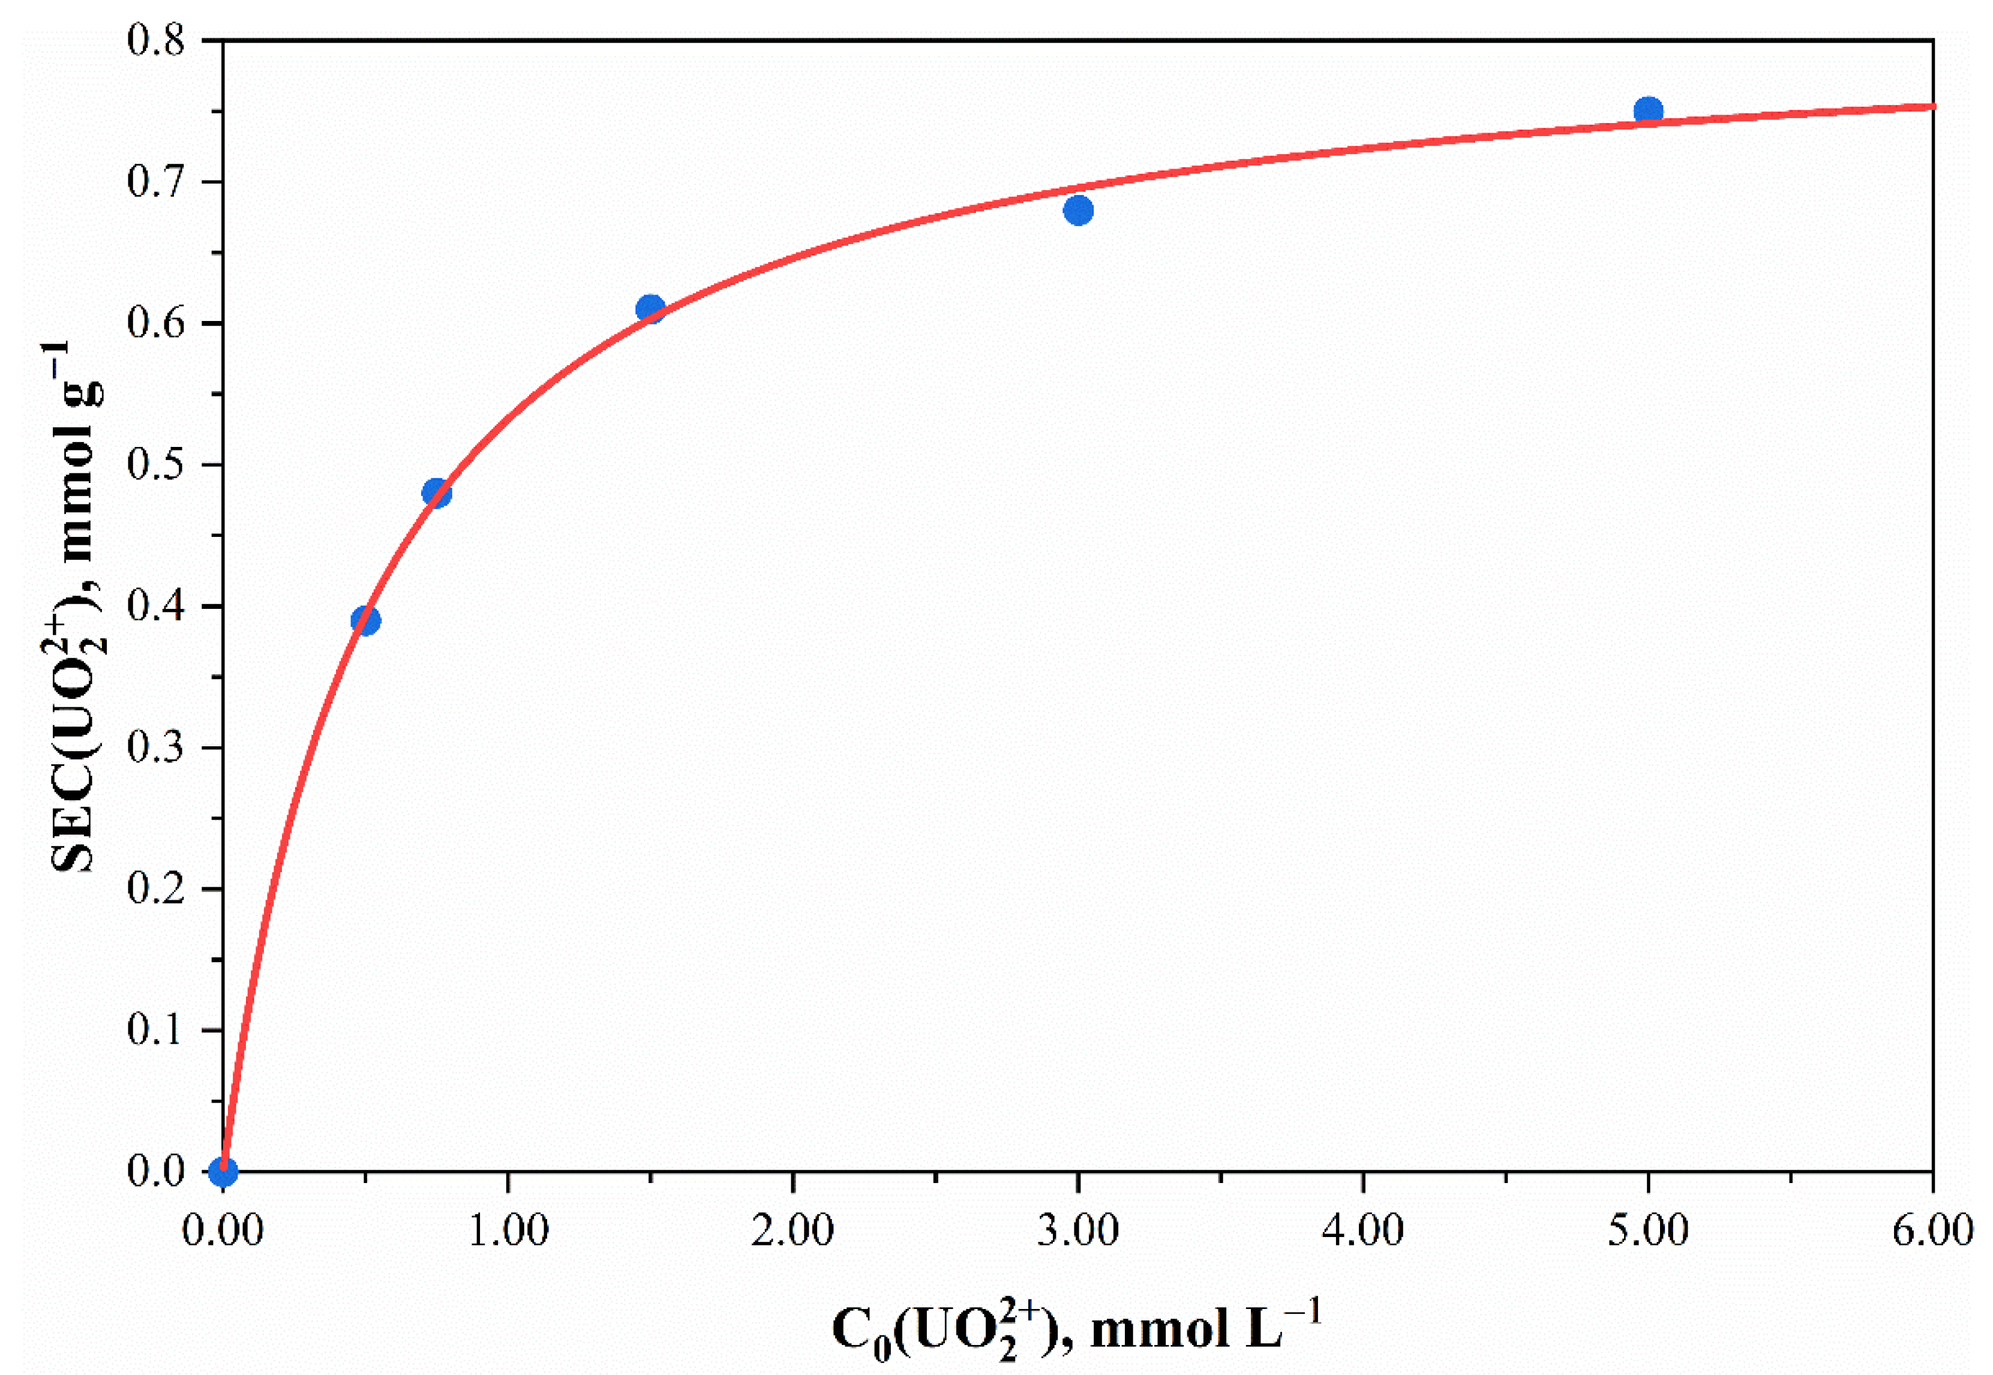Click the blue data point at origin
tap(223, 1171)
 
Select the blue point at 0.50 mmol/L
tap(365, 620)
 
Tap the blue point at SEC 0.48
tap(437, 493)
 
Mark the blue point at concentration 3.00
tap(1078, 210)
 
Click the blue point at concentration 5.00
tap(1647, 111)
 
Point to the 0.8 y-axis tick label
tap(156, 40)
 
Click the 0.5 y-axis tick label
tap(156, 465)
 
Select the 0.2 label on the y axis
tap(156, 889)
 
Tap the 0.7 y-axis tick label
tap(156, 182)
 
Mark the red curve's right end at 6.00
tap(1931, 107)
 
